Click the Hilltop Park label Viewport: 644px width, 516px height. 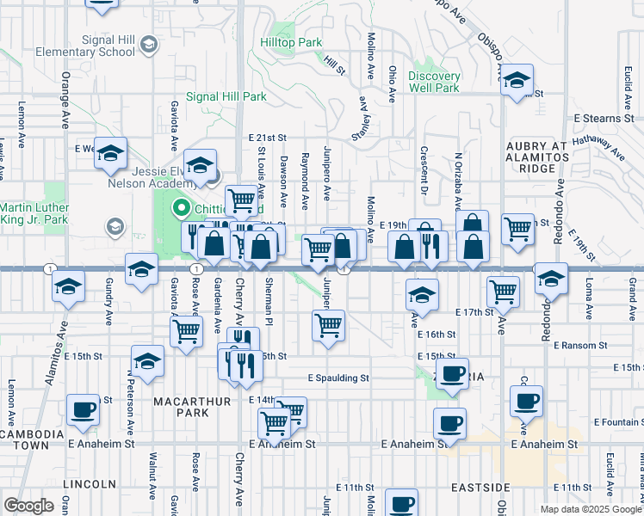[291, 42]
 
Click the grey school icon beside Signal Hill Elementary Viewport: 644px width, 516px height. [148, 43]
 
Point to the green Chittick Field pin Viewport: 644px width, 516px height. [182, 206]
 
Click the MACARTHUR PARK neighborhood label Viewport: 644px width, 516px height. [180, 407]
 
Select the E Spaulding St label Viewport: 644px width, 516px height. [338, 378]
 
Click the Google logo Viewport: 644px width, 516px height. [29, 505]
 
